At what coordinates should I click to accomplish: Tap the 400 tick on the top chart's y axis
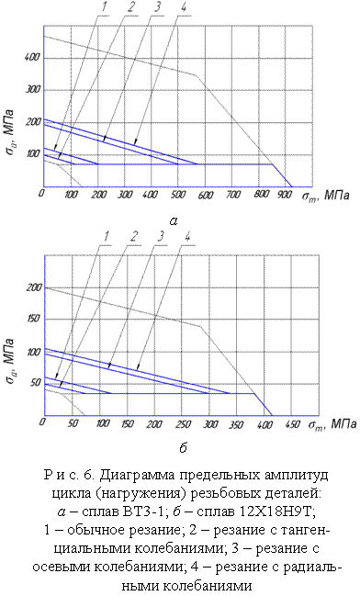point(33,58)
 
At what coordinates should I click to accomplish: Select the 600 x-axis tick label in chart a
point(206,195)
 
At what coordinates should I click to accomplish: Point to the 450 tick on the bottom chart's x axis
point(292,424)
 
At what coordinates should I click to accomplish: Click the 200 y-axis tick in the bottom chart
point(32,288)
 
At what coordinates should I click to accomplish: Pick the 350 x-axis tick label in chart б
point(236,424)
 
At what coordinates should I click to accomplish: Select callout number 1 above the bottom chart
point(107,237)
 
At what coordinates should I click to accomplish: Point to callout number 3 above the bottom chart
point(161,237)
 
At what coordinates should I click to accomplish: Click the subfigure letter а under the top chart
point(174,220)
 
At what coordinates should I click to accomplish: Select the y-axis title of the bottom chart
point(9,361)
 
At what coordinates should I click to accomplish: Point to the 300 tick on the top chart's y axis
point(33,90)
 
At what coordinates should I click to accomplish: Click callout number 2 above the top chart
point(133,8)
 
